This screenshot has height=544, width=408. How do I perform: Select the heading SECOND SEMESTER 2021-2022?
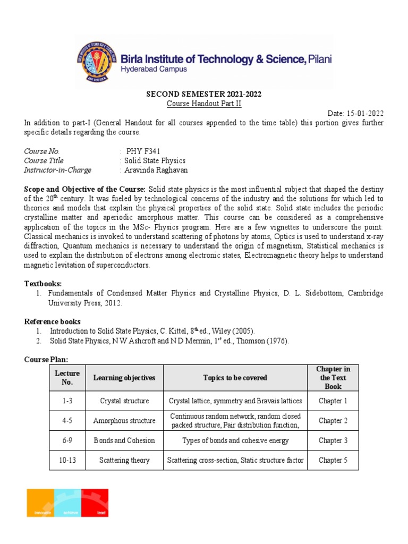point(203,95)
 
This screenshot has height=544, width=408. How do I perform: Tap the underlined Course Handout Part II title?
point(204,104)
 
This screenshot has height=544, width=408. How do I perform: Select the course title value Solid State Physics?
point(154,160)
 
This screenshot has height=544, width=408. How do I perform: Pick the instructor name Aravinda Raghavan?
point(156,170)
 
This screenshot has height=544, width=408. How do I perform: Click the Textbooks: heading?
point(44,284)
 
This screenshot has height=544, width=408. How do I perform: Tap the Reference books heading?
point(53,321)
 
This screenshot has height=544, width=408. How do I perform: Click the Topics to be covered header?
point(235,378)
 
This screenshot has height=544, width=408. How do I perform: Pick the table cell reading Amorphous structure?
point(124,421)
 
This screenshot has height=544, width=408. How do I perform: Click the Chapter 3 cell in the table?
point(333,440)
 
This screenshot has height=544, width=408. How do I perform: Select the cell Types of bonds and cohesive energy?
point(235,440)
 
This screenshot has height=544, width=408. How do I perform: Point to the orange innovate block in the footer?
point(40,503)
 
